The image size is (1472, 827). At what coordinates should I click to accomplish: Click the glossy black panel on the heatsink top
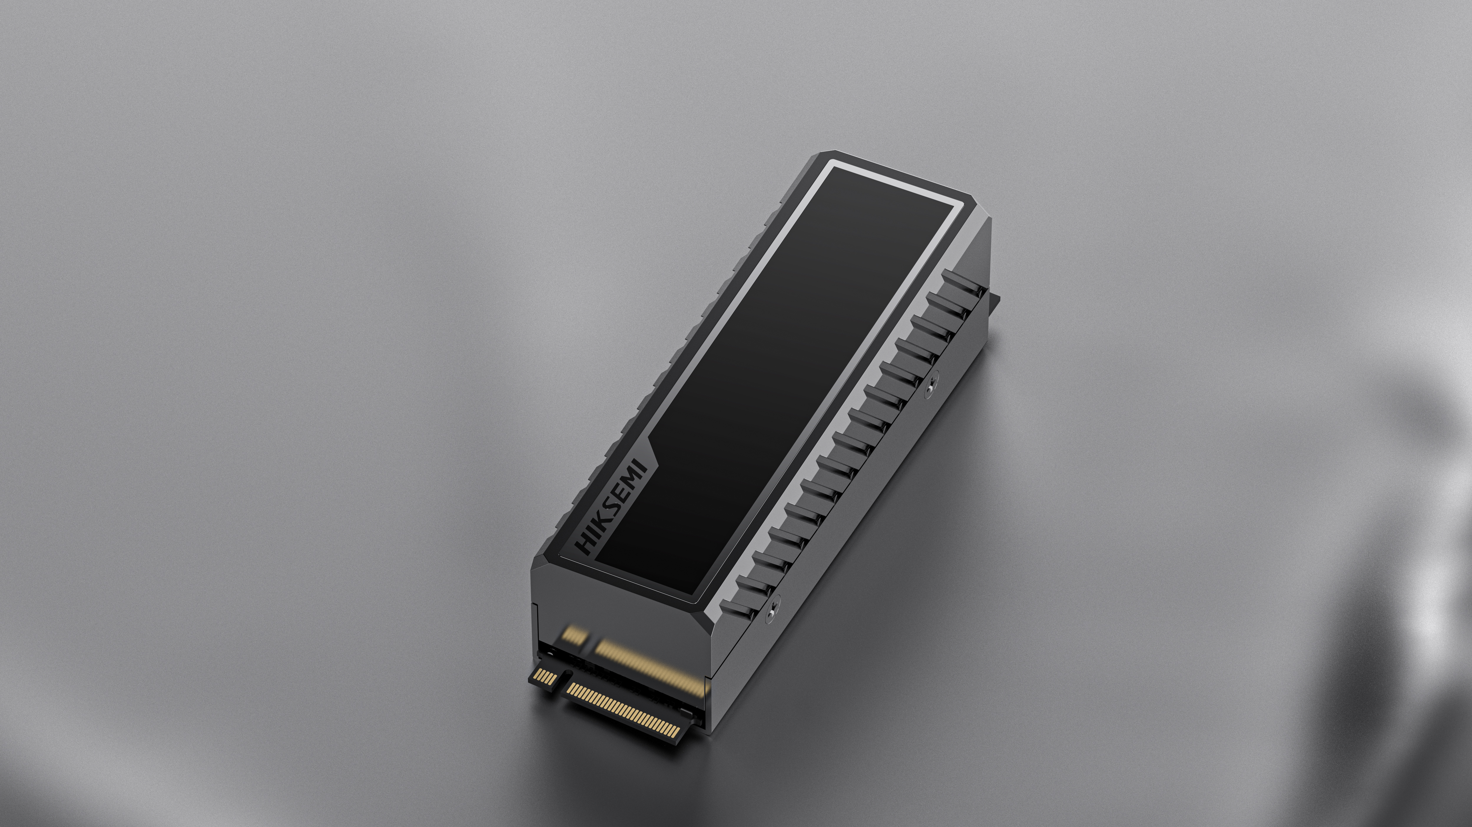pos(771,371)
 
